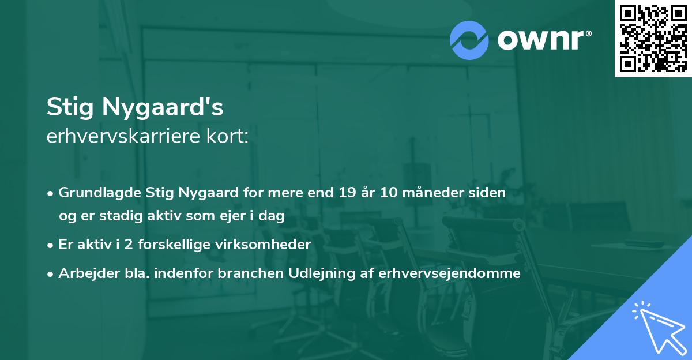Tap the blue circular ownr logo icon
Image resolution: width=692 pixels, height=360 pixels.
click(469, 40)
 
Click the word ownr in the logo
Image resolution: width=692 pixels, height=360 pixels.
click(543, 40)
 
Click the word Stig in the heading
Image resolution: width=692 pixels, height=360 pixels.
click(67, 107)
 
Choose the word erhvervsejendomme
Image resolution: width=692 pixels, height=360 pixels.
click(450, 273)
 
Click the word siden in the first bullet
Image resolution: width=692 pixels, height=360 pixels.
click(490, 193)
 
